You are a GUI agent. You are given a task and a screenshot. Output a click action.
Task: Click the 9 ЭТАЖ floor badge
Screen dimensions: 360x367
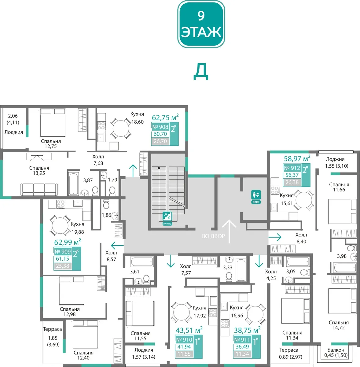[x=201, y=24]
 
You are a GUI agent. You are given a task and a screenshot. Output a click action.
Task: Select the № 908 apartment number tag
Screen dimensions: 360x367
[x=160, y=127]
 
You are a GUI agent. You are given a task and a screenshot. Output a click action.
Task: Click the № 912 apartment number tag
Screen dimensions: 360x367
[x=292, y=168]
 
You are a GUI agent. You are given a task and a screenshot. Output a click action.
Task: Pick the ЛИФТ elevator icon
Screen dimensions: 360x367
[x=256, y=197]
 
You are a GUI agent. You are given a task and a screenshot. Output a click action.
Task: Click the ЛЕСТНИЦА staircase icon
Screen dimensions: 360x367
[x=167, y=218]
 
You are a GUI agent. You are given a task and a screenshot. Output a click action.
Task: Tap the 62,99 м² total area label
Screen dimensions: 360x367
[x=68, y=242]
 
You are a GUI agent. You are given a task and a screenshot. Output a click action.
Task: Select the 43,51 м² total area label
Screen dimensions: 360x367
[x=189, y=330]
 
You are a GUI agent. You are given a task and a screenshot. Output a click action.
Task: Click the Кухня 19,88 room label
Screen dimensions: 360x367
[x=77, y=228]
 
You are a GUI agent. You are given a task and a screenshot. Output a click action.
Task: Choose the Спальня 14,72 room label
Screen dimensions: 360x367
[x=339, y=325]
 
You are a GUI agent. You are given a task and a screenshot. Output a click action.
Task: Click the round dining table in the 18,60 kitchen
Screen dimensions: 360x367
[x=121, y=128]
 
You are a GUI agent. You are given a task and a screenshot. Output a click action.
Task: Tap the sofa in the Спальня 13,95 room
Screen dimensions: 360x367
[x=39, y=190]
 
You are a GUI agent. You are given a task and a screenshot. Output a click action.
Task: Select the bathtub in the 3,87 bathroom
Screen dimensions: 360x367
[x=73, y=183]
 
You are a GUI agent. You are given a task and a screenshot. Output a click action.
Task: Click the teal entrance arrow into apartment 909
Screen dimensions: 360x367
[x=117, y=246]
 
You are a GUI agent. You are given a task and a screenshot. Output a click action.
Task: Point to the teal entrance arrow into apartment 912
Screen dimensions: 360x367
[x=275, y=237]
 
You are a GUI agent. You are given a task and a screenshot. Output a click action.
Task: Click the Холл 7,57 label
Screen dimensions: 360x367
[x=186, y=269]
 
